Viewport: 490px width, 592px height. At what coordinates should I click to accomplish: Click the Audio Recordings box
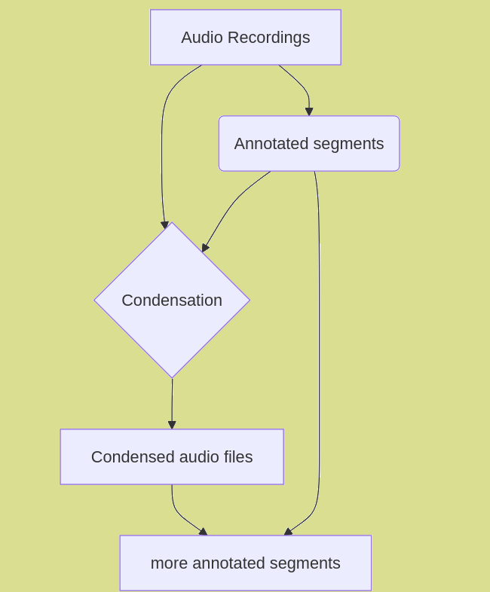pos(245,38)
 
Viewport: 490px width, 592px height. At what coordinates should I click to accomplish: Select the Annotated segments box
pos(308,144)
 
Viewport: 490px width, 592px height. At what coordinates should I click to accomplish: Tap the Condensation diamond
pos(172,300)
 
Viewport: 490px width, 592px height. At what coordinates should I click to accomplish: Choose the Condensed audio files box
pos(172,457)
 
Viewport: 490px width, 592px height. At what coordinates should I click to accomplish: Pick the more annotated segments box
pos(245,563)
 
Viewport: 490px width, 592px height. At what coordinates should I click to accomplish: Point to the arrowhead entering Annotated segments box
pos(309,111)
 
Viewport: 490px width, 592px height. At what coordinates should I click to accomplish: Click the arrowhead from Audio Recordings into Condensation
pos(164,224)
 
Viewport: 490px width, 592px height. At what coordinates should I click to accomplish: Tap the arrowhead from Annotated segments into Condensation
pos(205,247)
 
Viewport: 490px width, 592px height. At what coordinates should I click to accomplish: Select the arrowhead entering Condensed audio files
pos(172,425)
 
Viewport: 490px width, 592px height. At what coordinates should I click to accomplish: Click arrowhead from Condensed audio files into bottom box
pos(203,532)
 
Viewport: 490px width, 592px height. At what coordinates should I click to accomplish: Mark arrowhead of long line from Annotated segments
pos(288,532)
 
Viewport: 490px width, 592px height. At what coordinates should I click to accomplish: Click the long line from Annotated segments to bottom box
pos(319,339)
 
